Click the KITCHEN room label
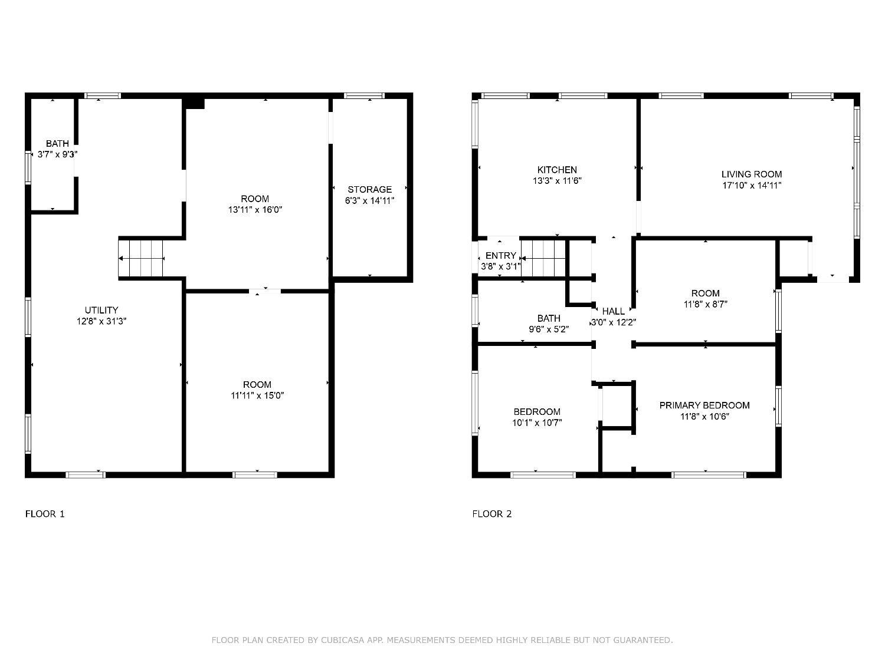click(x=557, y=170)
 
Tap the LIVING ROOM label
click(x=752, y=174)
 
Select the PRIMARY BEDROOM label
click(x=704, y=405)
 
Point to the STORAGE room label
click(x=369, y=189)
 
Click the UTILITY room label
click(x=101, y=310)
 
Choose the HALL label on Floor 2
click(x=614, y=311)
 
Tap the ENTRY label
click(x=500, y=256)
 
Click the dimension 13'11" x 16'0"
click(x=255, y=210)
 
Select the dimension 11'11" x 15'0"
click(x=257, y=395)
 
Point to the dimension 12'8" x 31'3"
click(x=101, y=321)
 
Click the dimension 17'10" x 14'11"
click(x=752, y=185)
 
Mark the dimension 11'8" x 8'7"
click(x=706, y=304)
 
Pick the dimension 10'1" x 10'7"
click(x=537, y=423)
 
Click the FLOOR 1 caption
click(x=45, y=514)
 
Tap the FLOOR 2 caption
click(x=492, y=514)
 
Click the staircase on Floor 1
click(x=142, y=258)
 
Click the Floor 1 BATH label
click(x=57, y=143)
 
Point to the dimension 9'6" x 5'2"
click(x=549, y=329)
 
